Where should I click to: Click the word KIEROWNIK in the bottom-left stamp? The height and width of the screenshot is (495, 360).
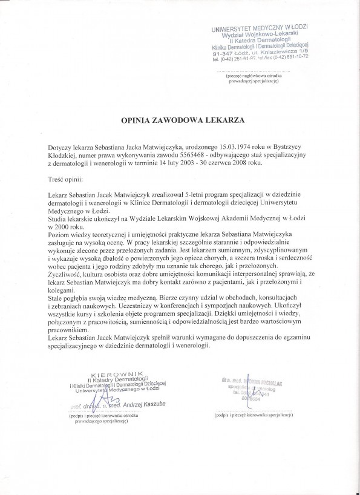(x=110, y=373)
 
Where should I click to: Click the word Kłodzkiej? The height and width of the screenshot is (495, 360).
(x=64, y=156)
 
